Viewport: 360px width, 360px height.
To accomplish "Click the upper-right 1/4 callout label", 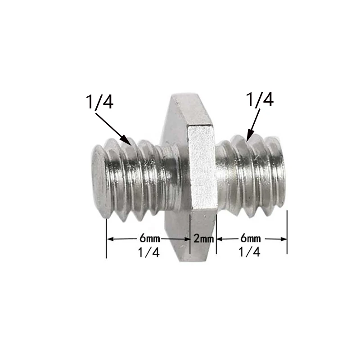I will click(x=260, y=100).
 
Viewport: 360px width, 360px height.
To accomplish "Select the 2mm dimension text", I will click(x=203, y=238).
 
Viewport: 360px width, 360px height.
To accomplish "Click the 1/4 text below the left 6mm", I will click(x=149, y=252).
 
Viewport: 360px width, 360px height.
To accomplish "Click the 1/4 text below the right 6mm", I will click(x=251, y=252).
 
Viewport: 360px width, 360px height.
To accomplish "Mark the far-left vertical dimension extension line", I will click(x=106, y=238).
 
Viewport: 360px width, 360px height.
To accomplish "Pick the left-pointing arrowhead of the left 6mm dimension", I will click(x=109, y=239).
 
